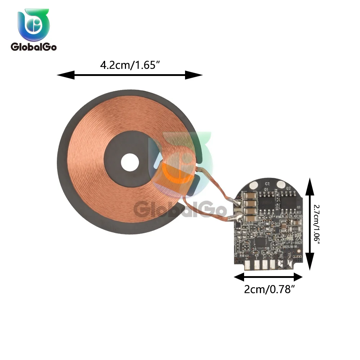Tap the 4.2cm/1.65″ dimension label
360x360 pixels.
(130, 66)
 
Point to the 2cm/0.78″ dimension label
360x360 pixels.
(267, 289)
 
